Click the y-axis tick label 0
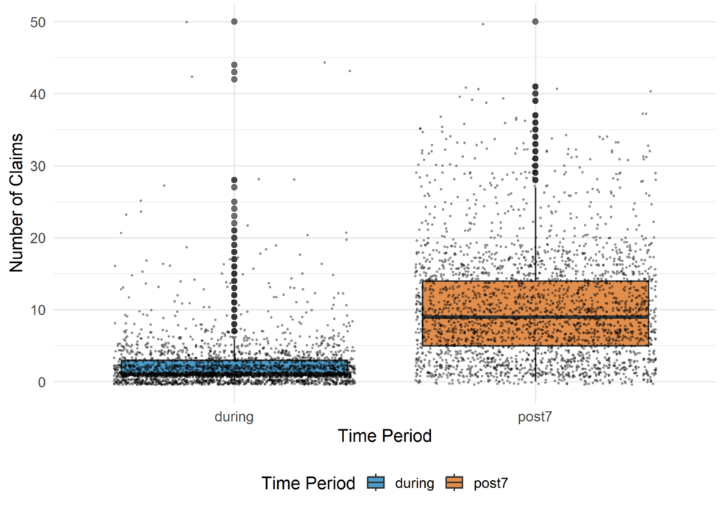42,382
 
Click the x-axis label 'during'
234,416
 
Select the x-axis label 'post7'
535,416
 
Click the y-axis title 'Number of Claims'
16,202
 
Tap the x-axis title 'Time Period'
385,436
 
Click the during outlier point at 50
234,22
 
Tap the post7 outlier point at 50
535,22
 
